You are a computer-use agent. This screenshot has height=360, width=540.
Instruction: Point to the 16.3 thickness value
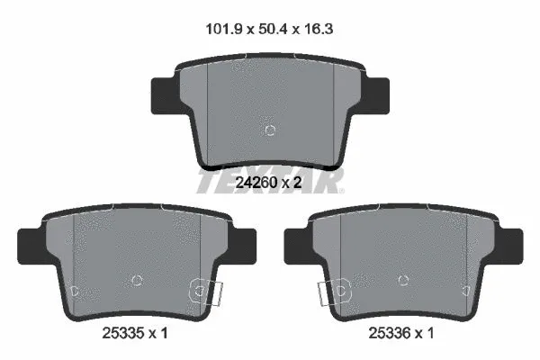[x=319, y=29]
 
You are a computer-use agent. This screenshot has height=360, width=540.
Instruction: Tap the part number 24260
[x=256, y=183]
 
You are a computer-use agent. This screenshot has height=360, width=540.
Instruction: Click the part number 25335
[x=122, y=333]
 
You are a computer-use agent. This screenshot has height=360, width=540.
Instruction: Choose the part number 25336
[x=389, y=333]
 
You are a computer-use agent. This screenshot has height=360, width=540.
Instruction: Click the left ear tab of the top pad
[x=166, y=95]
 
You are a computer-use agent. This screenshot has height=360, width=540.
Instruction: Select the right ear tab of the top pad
[x=374, y=95]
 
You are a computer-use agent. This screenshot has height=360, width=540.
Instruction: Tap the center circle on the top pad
[x=270, y=130]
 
